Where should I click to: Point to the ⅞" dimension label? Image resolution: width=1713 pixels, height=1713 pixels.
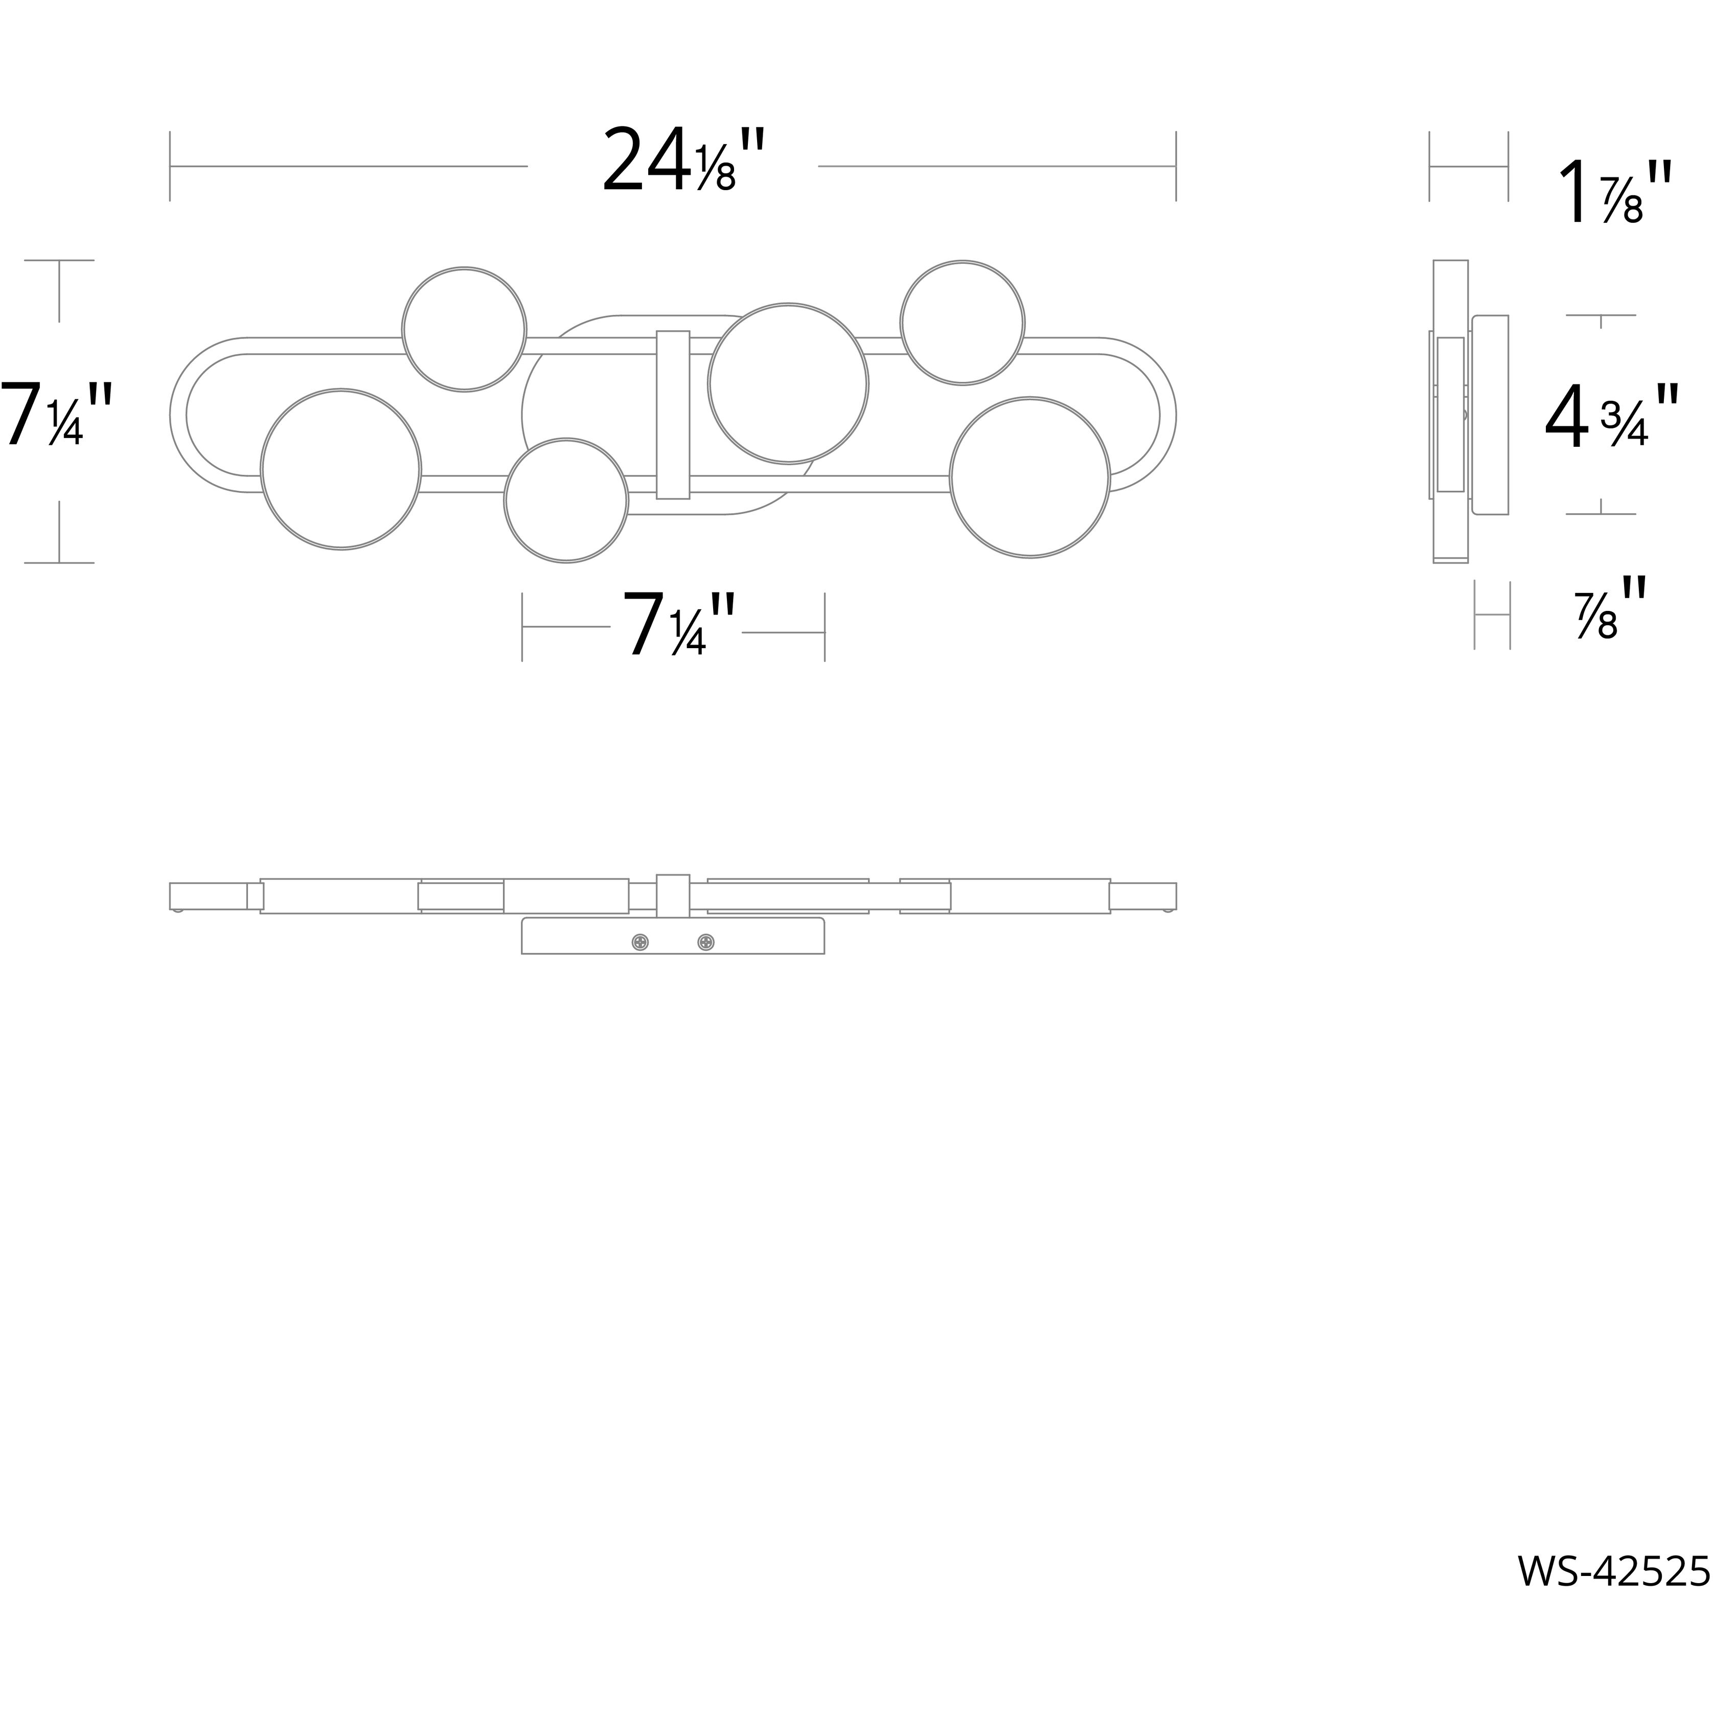[x=1609, y=609]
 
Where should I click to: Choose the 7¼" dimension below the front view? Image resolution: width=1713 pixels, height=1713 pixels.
[x=678, y=626]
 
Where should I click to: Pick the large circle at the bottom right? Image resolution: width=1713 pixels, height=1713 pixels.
[x=1030, y=477]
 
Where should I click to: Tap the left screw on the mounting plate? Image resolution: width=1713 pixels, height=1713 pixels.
[x=639, y=943]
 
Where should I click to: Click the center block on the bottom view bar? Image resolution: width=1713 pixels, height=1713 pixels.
[x=673, y=896]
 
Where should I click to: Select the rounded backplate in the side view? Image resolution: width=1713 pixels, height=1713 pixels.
[x=1490, y=415]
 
